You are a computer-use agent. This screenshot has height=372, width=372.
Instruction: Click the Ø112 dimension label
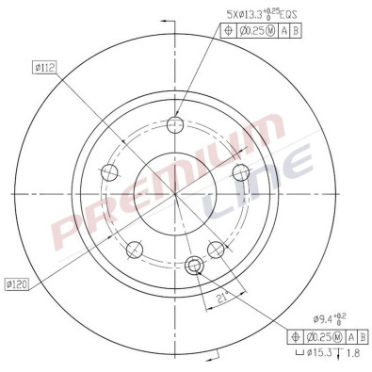pos(45,66)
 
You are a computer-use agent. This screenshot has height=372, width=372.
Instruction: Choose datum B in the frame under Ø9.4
pos(363,336)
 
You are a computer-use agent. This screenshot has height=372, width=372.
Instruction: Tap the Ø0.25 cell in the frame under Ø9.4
pos(320,336)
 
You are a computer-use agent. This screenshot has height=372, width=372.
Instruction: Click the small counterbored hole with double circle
pos(196,266)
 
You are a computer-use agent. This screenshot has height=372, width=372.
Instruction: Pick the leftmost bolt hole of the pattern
pos(110,173)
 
